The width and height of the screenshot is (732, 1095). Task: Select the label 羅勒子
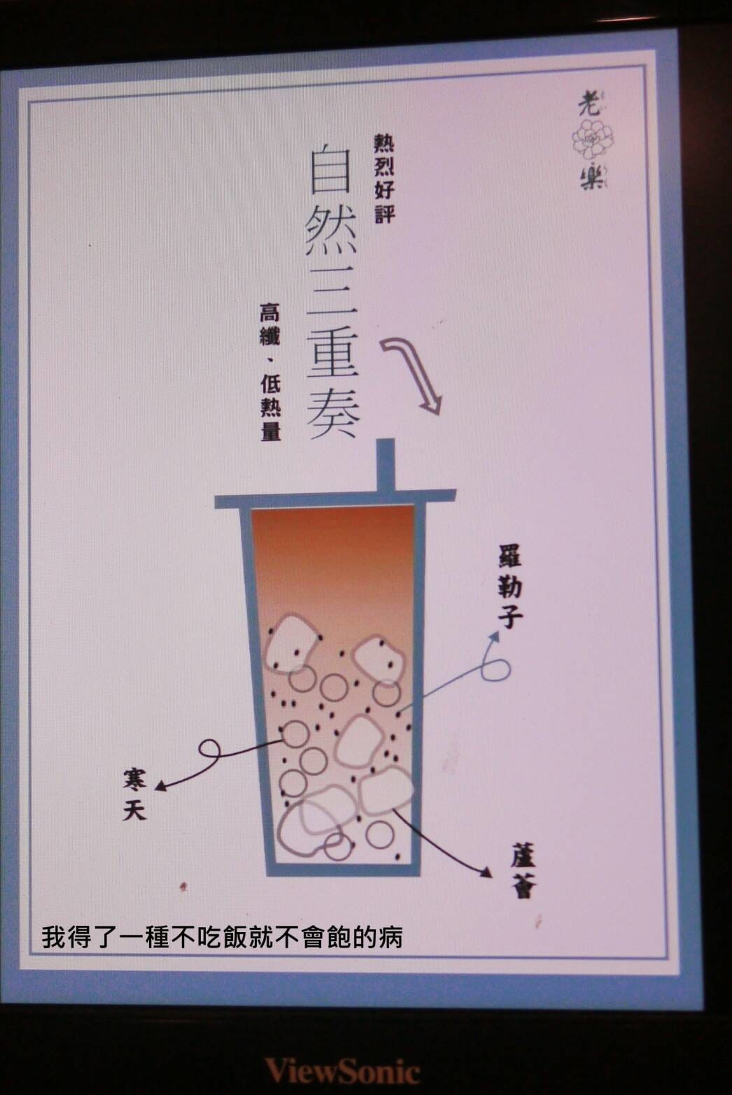509,586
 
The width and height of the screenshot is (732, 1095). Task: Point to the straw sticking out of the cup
385,464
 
